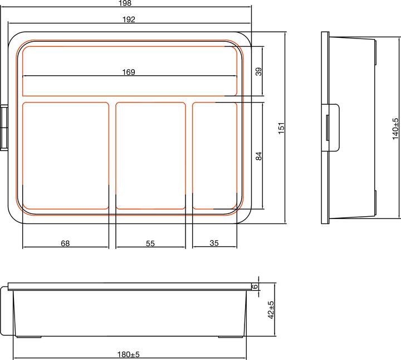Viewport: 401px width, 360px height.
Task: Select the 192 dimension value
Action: click(129, 20)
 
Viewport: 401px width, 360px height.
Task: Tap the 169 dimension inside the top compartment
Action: click(129, 72)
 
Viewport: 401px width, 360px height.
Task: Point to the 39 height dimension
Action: click(258, 71)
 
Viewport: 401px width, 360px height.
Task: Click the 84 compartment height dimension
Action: click(258, 156)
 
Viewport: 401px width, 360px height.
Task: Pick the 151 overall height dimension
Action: click(282, 128)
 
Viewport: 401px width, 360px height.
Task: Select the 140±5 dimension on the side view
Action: click(395, 128)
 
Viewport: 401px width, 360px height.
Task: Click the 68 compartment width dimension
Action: click(65, 244)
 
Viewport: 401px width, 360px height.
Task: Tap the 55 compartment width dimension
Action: click(150, 244)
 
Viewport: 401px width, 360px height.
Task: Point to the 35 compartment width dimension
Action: click(215, 244)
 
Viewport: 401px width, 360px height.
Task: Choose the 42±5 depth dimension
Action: click(271, 310)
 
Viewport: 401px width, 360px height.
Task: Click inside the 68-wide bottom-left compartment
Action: click(65, 156)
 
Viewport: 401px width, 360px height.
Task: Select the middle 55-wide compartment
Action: click(150, 156)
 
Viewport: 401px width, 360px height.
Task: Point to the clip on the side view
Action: click(332, 127)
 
